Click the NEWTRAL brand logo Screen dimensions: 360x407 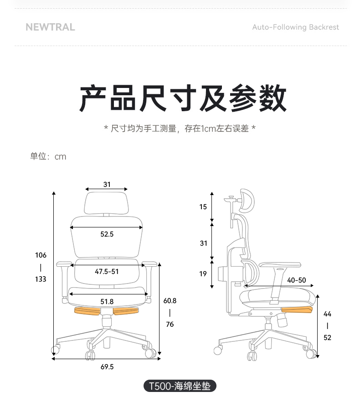(50, 27)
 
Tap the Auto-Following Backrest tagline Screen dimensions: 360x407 (296, 27)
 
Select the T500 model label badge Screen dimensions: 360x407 (180, 386)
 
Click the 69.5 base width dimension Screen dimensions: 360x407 (107, 367)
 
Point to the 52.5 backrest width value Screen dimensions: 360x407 (107, 234)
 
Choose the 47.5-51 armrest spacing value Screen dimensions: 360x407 (107, 272)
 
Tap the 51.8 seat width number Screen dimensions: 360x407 (107, 301)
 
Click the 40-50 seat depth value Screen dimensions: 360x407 (296, 280)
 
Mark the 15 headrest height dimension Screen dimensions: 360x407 (203, 207)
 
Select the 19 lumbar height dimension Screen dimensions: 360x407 (203, 273)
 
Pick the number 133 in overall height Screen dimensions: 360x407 (41, 279)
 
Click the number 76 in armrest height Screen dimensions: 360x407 (170, 324)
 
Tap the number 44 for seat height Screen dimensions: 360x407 (327, 314)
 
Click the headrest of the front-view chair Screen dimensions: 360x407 (107, 203)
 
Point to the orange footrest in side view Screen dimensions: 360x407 (297, 309)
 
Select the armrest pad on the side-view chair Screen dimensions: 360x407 (280, 265)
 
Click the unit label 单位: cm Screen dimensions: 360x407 (48, 156)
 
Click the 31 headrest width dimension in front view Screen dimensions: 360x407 (107, 184)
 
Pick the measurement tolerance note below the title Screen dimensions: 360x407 (180, 128)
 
